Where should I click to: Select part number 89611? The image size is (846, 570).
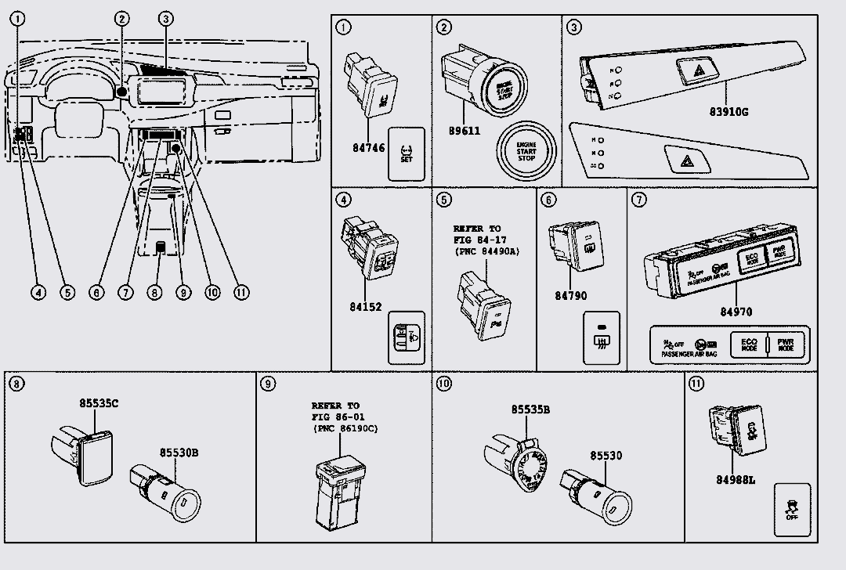pyautogui.click(x=464, y=132)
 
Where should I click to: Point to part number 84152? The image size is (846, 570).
pyautogui.click(x=367, y=307)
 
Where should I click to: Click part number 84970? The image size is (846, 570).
pyautogui.click(x=736, y=312)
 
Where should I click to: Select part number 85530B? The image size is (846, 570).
pyautogui.click(x=180, y=453)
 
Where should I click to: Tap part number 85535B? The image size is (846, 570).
pyautogui.click(x=530, y=409)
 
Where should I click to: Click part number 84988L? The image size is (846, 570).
pyautogui.click(x=735, y=479)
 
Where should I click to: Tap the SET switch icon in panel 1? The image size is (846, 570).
pyautogui.click(x=407, y=154)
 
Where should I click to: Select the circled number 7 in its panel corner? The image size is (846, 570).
pyautogui.click(x=639, y=200)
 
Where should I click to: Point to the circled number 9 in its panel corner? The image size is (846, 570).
pyautogui.click(x=268, y=384)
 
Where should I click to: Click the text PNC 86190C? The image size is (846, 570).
pyautogui.click(x=342, y=430)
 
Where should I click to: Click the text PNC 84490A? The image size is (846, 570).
pyautogui.click(x=486, y=251)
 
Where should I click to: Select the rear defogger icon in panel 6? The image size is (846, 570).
pyautogui.click(x=602, y=340)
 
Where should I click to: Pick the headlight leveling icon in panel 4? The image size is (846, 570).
pyautogui.click(x=407, y=338)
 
